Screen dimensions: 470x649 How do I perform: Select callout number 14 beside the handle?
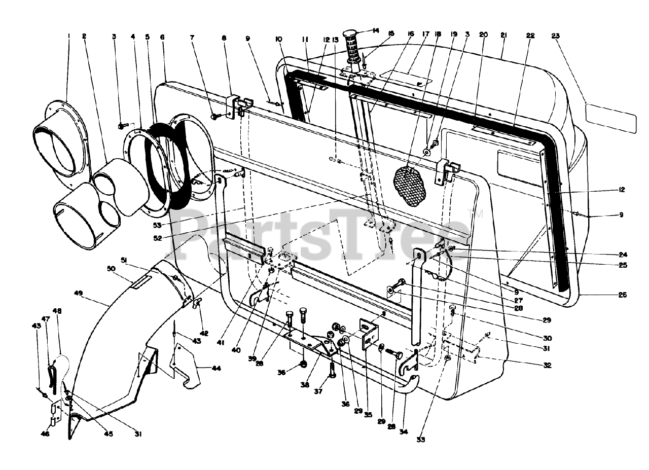point(375,30)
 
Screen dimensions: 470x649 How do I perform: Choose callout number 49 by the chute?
point(78,293)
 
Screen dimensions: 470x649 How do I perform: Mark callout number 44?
point(217,368)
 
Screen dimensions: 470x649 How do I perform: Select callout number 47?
point(45,319)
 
